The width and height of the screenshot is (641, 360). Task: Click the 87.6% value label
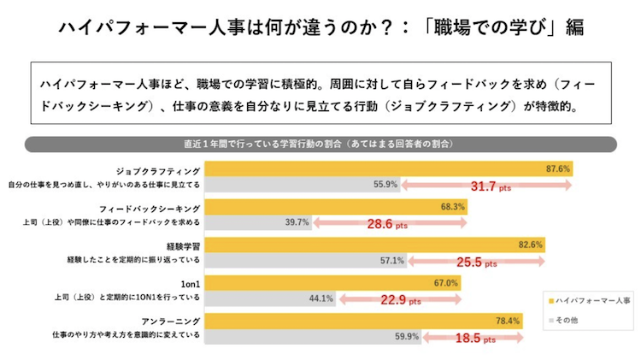click(x=557, y=168)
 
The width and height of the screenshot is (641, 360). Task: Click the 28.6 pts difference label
click(x=389, y=224)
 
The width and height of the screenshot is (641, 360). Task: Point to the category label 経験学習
click(x=182, y=245)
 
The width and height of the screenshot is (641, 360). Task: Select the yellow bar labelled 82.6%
click(x=376, y=245)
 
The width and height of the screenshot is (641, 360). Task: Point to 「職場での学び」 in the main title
click(x=484, y=27)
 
